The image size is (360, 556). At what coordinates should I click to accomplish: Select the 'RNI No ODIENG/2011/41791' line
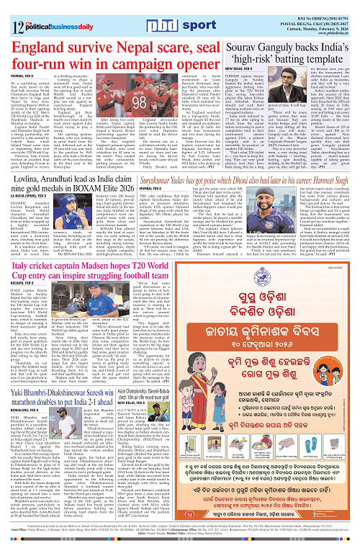click(318, 5)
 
